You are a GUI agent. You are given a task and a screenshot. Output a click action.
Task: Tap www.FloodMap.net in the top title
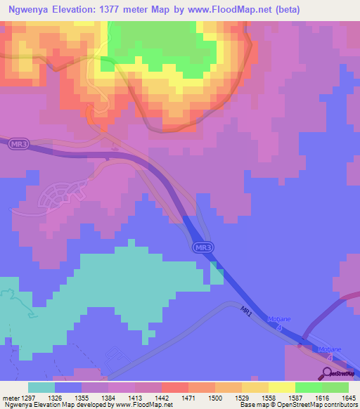coord(236,10)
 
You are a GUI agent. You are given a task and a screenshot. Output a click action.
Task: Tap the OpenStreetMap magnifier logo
coord(328,373)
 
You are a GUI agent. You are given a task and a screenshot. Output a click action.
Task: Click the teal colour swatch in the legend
coord(41,387)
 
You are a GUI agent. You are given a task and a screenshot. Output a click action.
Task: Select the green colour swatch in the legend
coord(308,387)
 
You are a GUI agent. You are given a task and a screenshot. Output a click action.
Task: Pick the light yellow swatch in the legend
coord(281,387)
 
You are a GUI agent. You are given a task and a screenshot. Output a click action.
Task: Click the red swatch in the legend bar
coord(174,387)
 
